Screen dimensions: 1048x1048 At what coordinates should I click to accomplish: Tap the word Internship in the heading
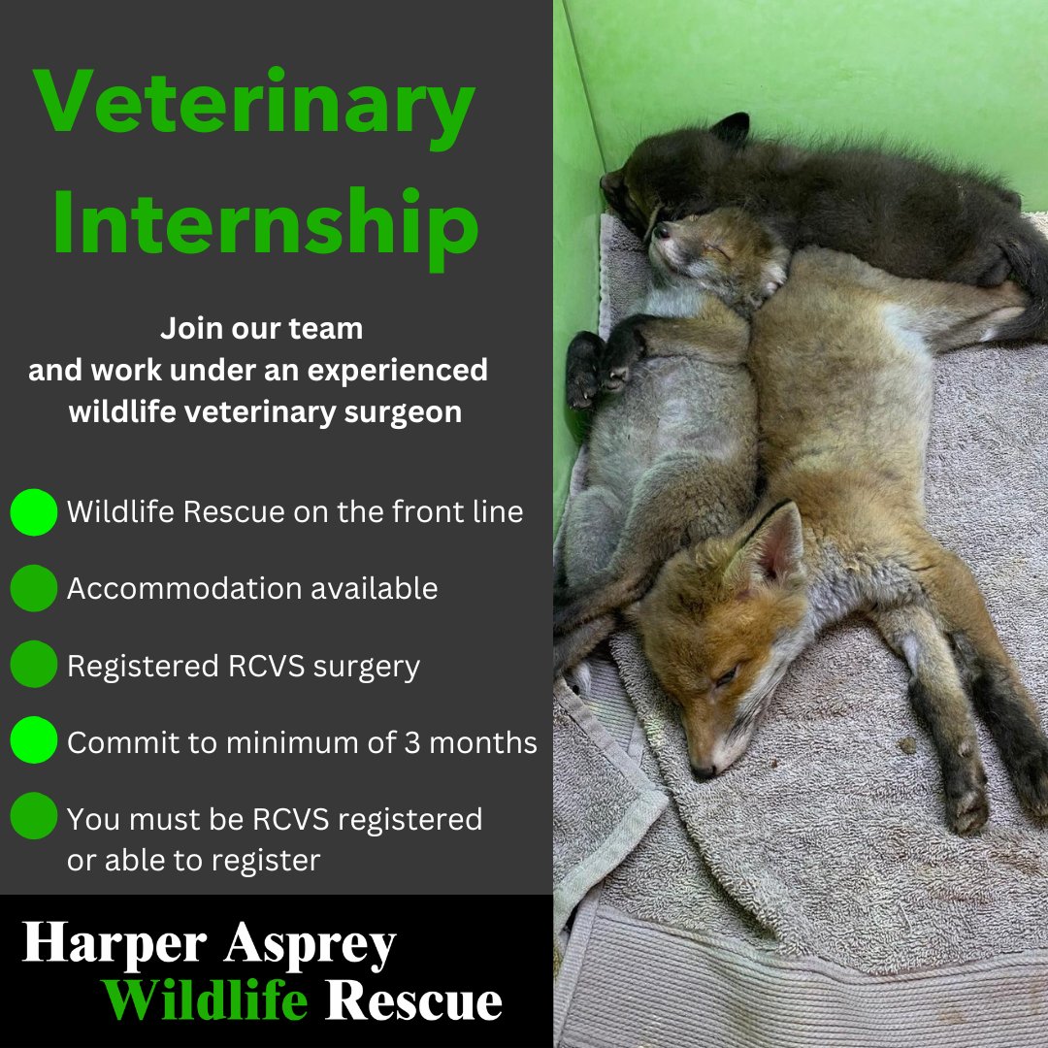click(x=265, y=224)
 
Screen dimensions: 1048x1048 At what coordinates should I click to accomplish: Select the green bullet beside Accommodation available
click(x=34, y=588)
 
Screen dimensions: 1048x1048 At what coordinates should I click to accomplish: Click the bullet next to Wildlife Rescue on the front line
click(x=34, y=512)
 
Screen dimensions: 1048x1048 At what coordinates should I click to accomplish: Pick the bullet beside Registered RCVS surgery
click(x=34, y=666)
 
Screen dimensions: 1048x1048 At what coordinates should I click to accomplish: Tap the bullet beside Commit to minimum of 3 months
click(x=34, y=742)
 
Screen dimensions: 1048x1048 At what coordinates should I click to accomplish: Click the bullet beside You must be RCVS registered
click(x=34, y=818)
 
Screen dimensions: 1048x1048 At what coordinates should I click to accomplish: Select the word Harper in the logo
click(x=115, y=944)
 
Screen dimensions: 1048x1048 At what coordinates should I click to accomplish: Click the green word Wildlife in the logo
click(x=206, y=999)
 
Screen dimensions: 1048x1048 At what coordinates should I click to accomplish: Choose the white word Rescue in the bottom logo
click(x=414, y=999)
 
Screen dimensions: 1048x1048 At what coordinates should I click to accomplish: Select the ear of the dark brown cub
click(x=733, y=127)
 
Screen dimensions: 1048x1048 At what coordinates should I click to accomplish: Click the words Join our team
click(x=262, y=329)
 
